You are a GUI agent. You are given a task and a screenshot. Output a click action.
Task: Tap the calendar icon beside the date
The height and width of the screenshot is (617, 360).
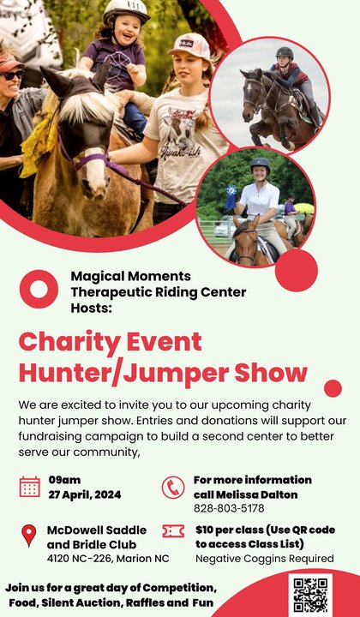click(29, 487)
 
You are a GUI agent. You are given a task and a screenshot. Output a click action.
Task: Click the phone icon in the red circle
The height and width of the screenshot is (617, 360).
click(173, 487)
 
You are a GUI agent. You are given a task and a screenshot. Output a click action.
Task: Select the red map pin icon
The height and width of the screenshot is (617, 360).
click(29, 536)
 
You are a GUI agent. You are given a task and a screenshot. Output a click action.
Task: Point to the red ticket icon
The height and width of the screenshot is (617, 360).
click(173, 532)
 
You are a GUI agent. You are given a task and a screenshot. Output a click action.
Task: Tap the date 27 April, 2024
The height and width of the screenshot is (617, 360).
click(84, 494)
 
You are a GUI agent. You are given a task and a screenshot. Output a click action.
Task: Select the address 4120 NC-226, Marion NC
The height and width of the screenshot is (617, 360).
click(107, 559)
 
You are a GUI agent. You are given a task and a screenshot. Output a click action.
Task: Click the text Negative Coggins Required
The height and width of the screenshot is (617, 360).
click(264, 559)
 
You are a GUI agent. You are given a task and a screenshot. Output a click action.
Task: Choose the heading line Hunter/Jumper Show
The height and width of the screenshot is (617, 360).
click(163, 373)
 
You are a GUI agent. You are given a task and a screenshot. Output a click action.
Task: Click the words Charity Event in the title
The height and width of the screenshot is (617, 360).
click(111, 341)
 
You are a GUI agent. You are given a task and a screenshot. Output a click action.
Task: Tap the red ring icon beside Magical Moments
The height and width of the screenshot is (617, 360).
click(38, 288)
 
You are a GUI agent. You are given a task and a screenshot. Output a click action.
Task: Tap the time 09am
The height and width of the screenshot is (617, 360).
click(64, 480)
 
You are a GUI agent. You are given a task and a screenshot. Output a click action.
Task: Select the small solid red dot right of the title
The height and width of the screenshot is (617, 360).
click(333, 387)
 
